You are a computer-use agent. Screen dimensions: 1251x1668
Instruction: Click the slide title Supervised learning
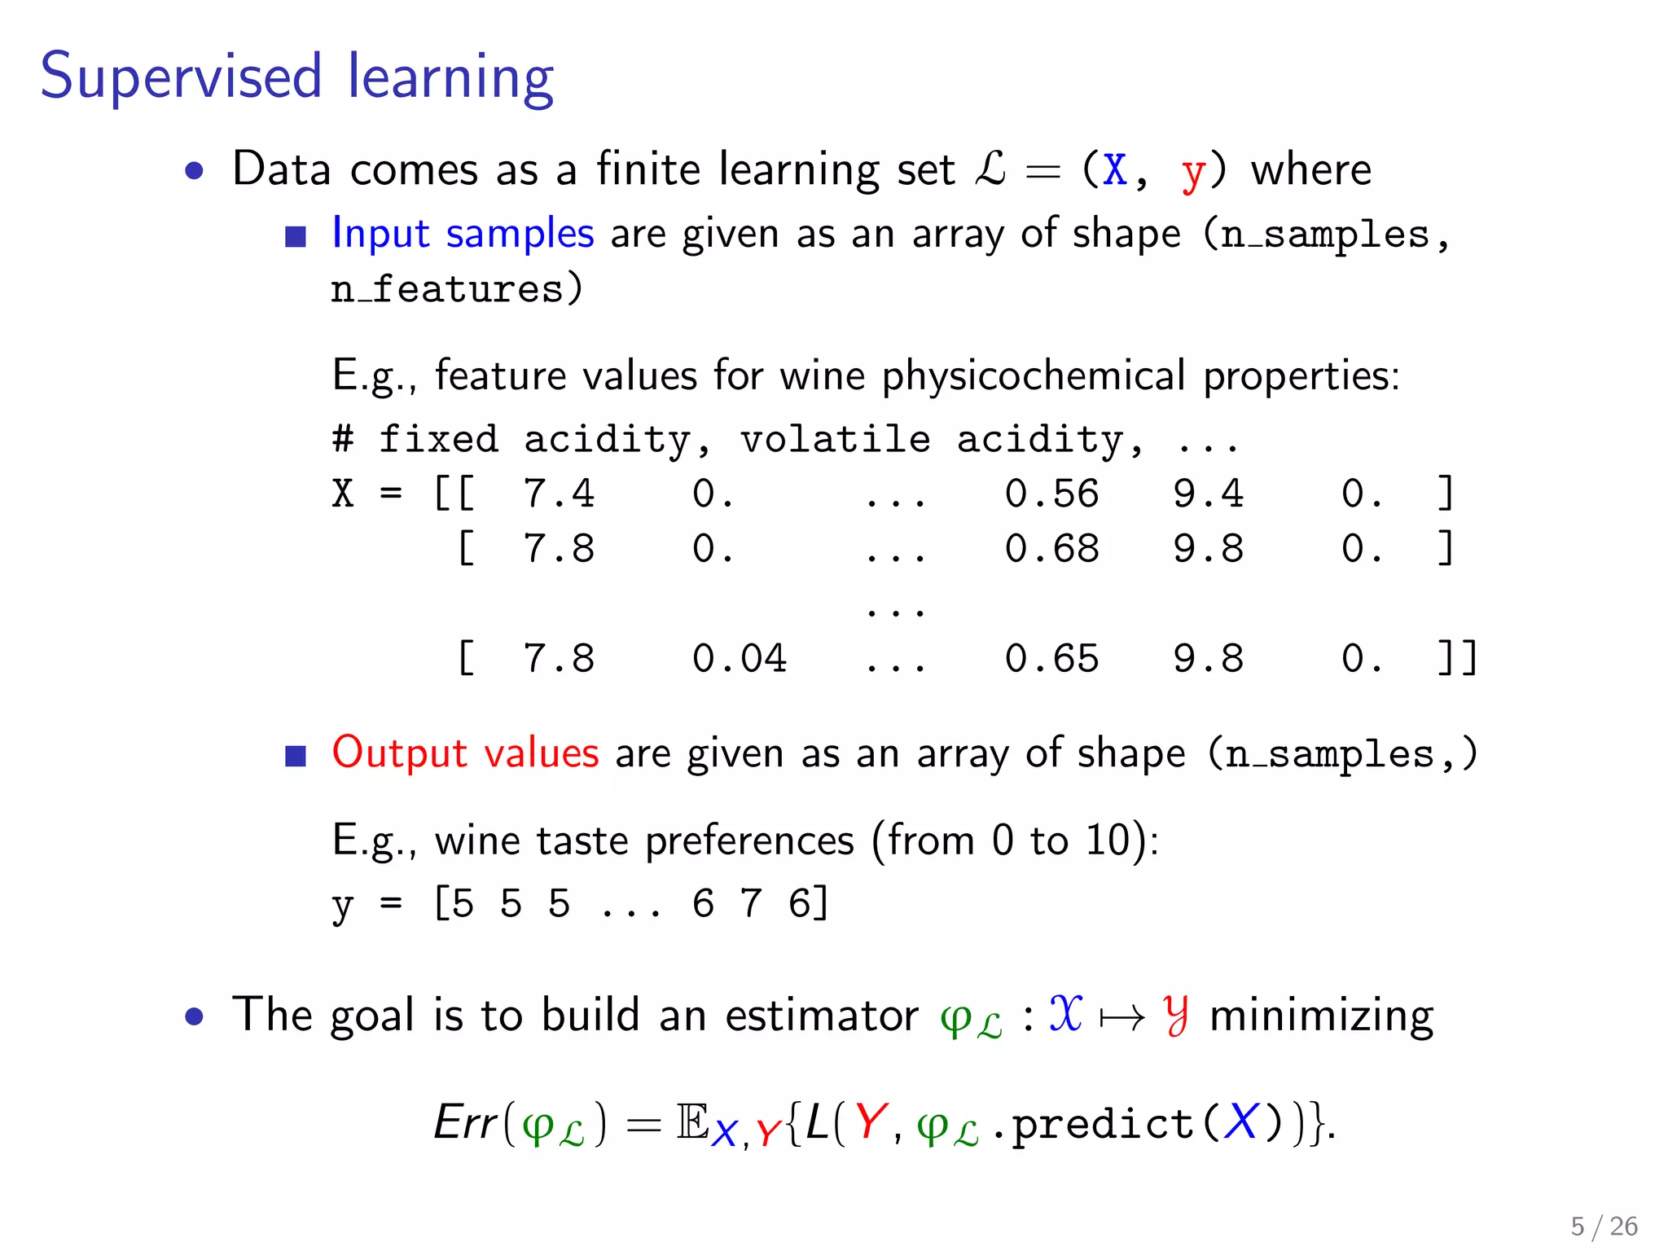pyautogui.click(x=297, y=77)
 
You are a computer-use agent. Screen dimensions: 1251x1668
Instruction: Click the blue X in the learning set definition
pyautogui.click(x=1114, y=170)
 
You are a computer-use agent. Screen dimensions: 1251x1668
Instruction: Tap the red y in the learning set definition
pyautogui.click(x=1192, y=173)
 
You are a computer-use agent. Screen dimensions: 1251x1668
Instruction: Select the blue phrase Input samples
pyautogui.click(x=463, y=234)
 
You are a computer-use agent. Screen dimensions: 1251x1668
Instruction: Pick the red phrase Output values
pyautogui.click(x=465, y=753)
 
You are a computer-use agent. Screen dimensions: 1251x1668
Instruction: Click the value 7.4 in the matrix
pyautogui.click(x=559, y=494)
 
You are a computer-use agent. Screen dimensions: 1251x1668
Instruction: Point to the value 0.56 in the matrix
pyautogui.click(x=1051, y=494)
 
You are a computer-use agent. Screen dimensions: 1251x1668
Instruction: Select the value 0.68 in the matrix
pyautogui.click(x=1051, y=549)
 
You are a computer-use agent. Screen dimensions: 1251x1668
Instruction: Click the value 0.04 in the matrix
pyautogui.click(x=739, y=658)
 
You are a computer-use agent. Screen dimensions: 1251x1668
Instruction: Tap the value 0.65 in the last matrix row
pyautogui.click(x=1051, y=658)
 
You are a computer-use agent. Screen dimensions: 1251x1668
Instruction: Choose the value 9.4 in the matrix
pyautogui.click(x=1208, y=494)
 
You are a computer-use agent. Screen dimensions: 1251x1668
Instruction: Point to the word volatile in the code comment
pyautogui.click(x=835, y=440)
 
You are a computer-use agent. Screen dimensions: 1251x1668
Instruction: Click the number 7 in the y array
pyautogui.click(x=750, y=903)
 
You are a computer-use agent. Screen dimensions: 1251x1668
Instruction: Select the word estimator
pyautogui.click(x=821, y=1016)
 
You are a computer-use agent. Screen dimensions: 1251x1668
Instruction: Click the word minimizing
pyautogui.click(x=1321, y=1016)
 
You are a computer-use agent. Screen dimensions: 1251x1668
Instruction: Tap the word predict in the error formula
pyautogui.click(x=1104, y=1124)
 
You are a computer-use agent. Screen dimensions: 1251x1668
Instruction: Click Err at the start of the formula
pyautogui.click(x=465, y=1122)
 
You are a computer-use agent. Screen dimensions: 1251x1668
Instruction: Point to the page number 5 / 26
pyautogui.click(x=1604, y=1226)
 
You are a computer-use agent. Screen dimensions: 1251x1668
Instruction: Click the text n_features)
pyautogui.click(x=457, y=289)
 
